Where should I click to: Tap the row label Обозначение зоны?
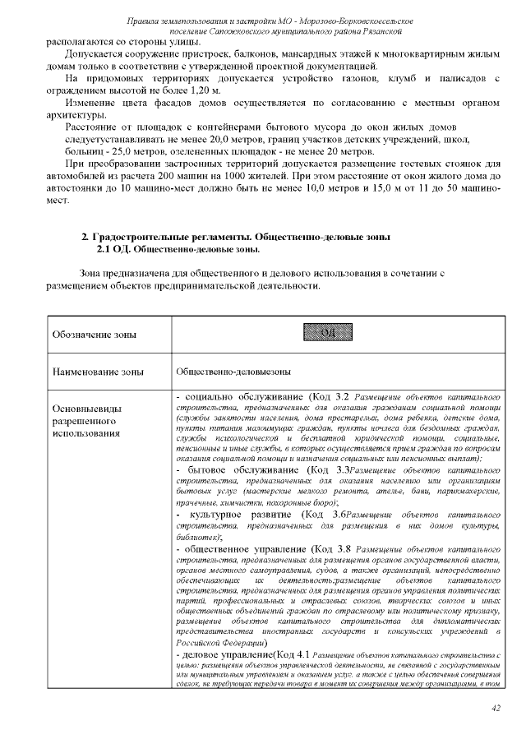coord(95,335)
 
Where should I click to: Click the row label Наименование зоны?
coord(98,372)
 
